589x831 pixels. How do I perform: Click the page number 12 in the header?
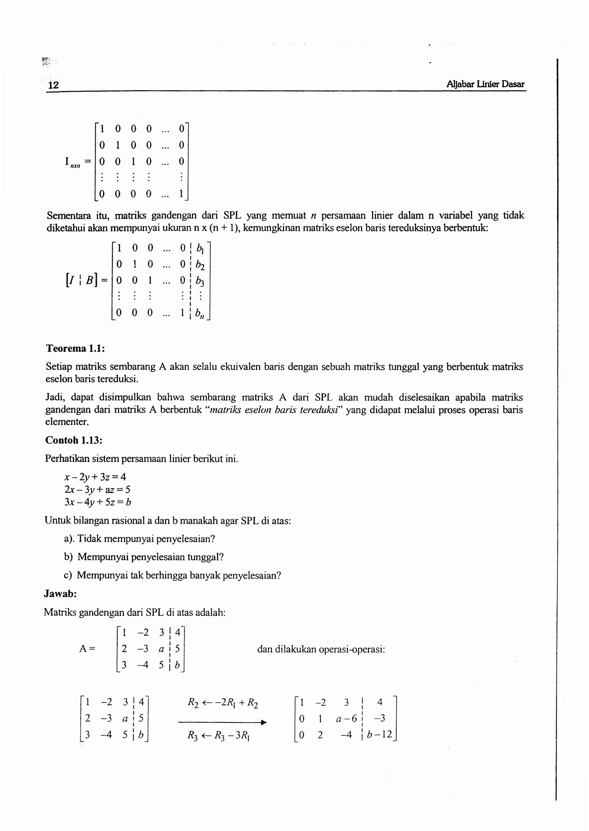53,85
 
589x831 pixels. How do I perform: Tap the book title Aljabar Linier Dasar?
485,84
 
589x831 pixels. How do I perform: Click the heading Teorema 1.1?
75,348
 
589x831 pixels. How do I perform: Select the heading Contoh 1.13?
74,440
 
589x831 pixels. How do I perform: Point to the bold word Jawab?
60,594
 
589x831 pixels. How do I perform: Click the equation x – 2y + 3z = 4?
95,477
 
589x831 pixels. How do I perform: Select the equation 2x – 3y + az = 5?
97,490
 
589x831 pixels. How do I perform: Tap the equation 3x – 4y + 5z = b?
97,502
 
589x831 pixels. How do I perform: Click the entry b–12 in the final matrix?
379,735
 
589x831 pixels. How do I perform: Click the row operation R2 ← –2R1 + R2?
223,703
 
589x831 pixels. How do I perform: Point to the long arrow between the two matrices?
222,722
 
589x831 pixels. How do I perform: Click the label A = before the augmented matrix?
87,649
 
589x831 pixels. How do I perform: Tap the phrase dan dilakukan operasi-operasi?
321,649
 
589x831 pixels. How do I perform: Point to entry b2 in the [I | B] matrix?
200,265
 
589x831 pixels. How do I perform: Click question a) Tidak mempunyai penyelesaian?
139,539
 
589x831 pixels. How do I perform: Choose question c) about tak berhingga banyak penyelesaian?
172,575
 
